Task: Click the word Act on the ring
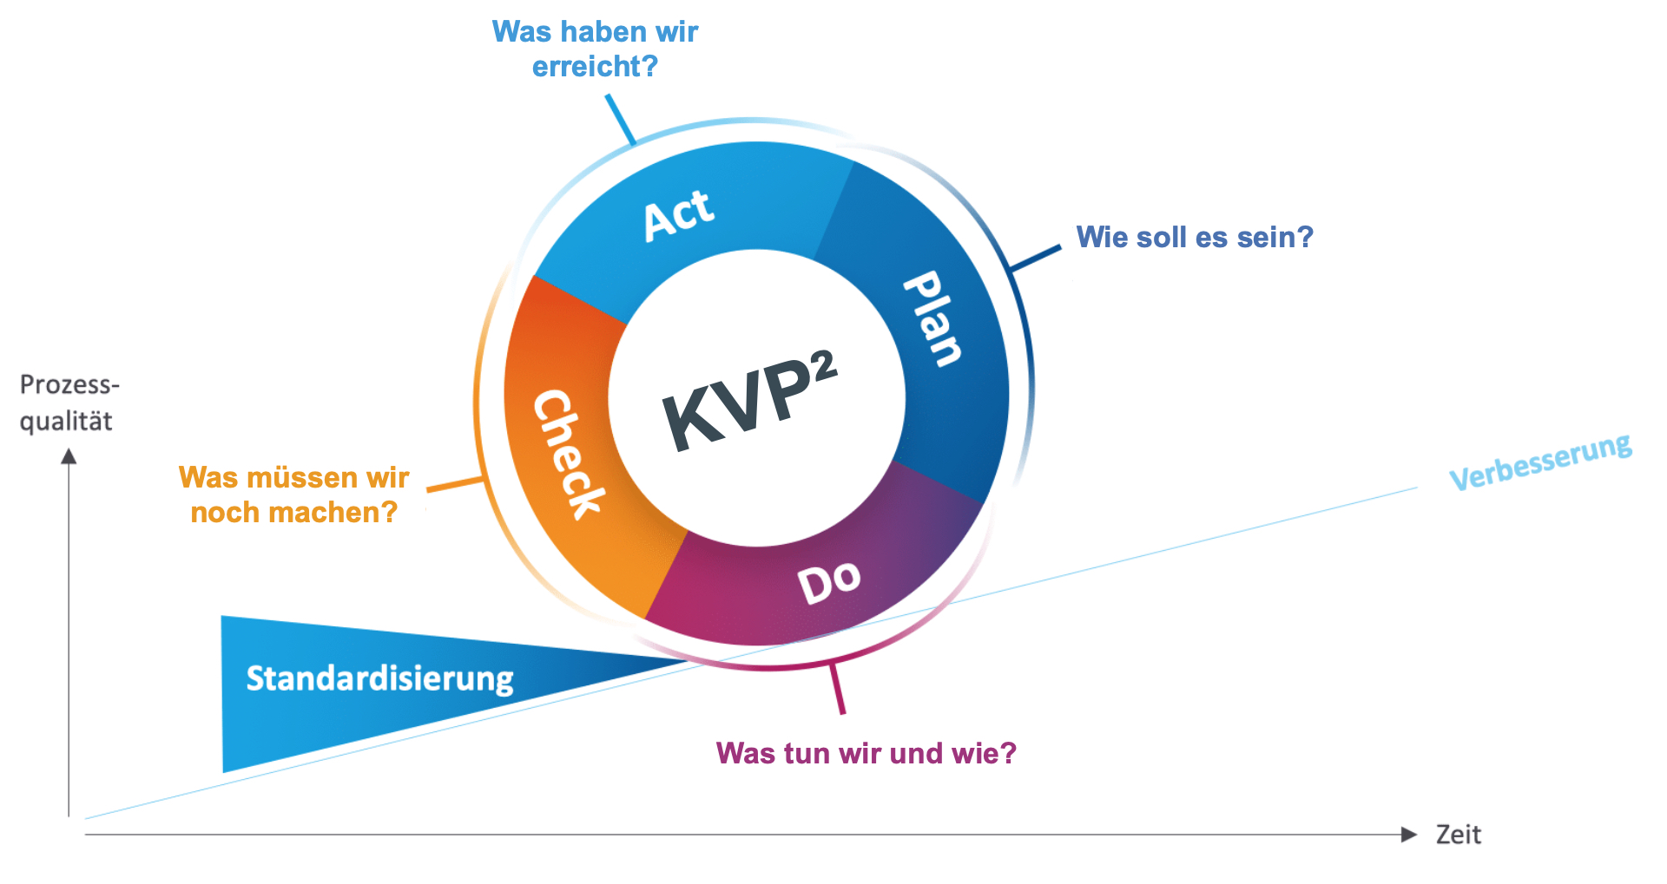679,214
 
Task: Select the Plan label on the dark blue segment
932,318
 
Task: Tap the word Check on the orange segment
567,454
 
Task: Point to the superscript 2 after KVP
824,365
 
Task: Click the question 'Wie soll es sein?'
1194,237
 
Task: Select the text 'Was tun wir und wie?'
866,753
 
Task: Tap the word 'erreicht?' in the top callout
595,67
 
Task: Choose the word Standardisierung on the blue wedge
379,678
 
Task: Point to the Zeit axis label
1458,835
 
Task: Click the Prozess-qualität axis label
68,403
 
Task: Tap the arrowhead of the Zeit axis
1409,835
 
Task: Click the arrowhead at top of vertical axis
69,456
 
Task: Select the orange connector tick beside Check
455,484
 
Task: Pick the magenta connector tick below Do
838,689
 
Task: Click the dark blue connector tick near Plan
1037,258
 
